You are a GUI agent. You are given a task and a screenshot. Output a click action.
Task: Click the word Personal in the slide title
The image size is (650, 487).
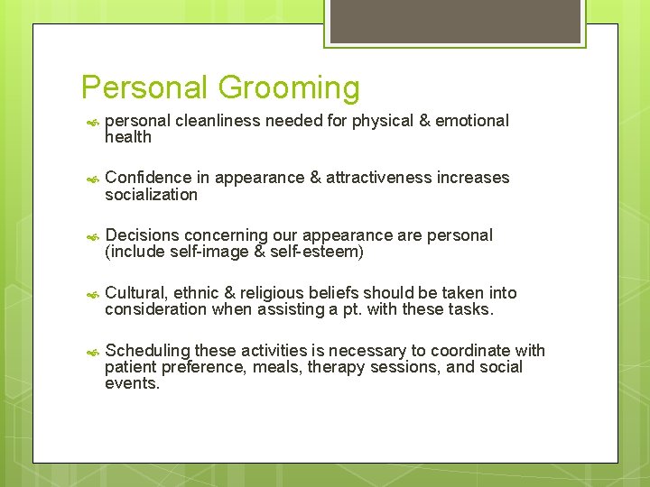(x=144, y=87)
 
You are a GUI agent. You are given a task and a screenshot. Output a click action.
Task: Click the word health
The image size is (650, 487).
(x=128, y=137)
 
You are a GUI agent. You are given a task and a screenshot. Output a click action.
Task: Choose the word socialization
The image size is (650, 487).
(x=151, y=195)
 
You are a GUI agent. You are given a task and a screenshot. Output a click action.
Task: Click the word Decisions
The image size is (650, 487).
(x=143, y=235)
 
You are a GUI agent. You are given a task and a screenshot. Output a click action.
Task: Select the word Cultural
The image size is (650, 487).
(x=135, y=292)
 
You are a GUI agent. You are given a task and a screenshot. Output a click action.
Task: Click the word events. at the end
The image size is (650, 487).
(x=132, y=383)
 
